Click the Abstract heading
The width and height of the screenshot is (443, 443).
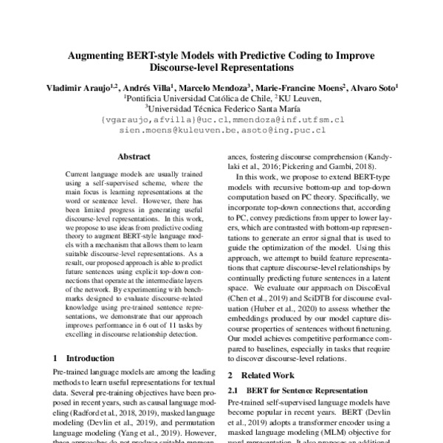point(134,157)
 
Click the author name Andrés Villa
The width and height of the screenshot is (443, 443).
point(143,87)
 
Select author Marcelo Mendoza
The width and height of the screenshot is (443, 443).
point(209,87)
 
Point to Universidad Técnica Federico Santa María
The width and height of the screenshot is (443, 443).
point(221,108)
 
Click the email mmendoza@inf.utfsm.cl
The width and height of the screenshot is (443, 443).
point(289,119)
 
